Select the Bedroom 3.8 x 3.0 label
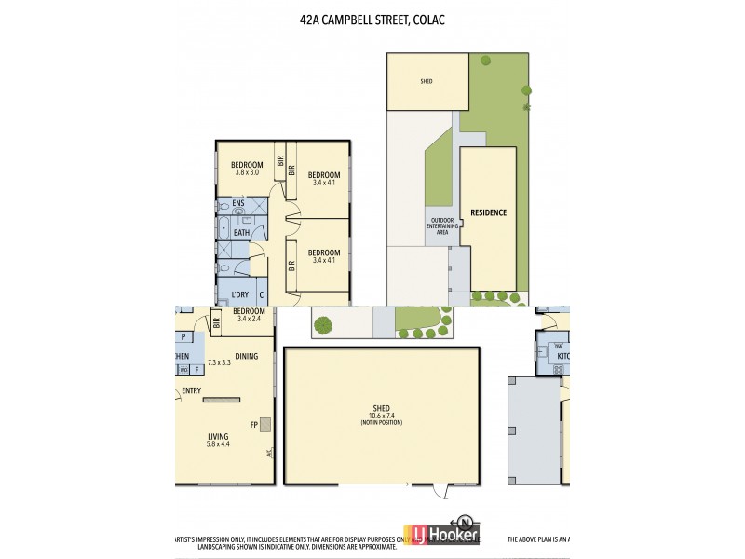247,170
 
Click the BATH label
241,233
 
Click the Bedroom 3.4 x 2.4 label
249,315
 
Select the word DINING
247,356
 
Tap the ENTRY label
192,390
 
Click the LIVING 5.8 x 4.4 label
218,439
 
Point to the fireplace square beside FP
264,425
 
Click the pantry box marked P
183,337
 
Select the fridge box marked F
196,369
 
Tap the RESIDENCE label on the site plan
488,212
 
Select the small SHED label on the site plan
427,81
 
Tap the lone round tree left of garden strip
323,325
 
